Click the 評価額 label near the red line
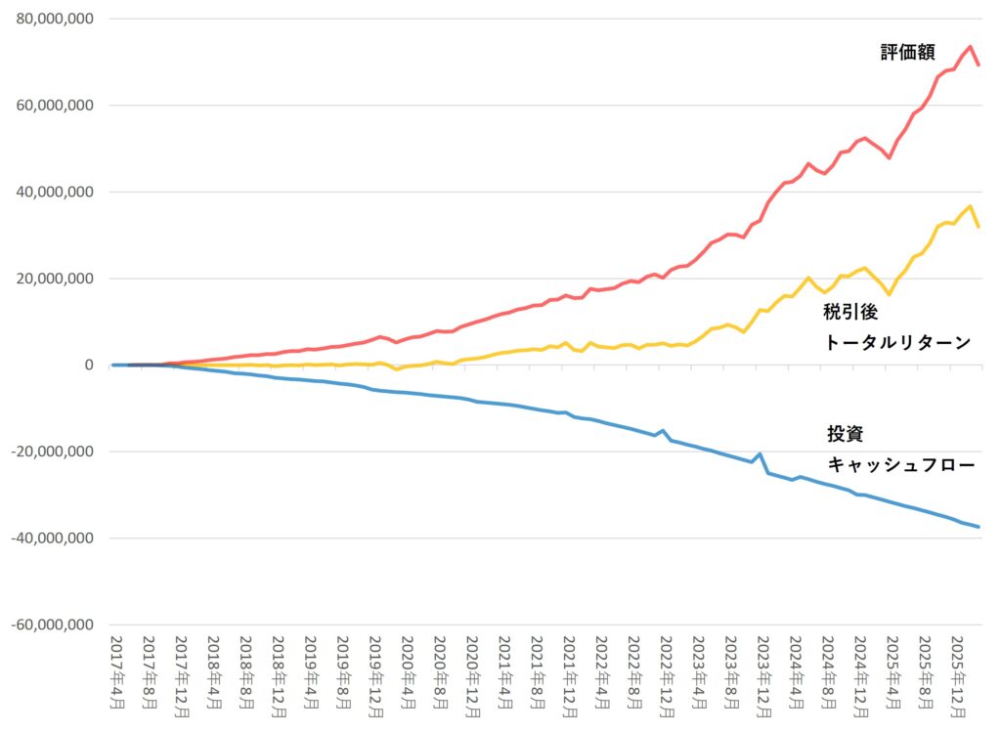tap(907, 53)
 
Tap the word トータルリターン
tap(897, 342)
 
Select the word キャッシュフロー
tap(901, 465)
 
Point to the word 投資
tap(845, 435)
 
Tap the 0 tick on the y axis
tap(88, 366)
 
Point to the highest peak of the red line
tap(970, 46)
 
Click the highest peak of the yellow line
tap(969, 206)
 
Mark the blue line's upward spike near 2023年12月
tap(761, 453)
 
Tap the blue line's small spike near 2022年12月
tap(663, 430)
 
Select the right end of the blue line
tap(979, 527)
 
